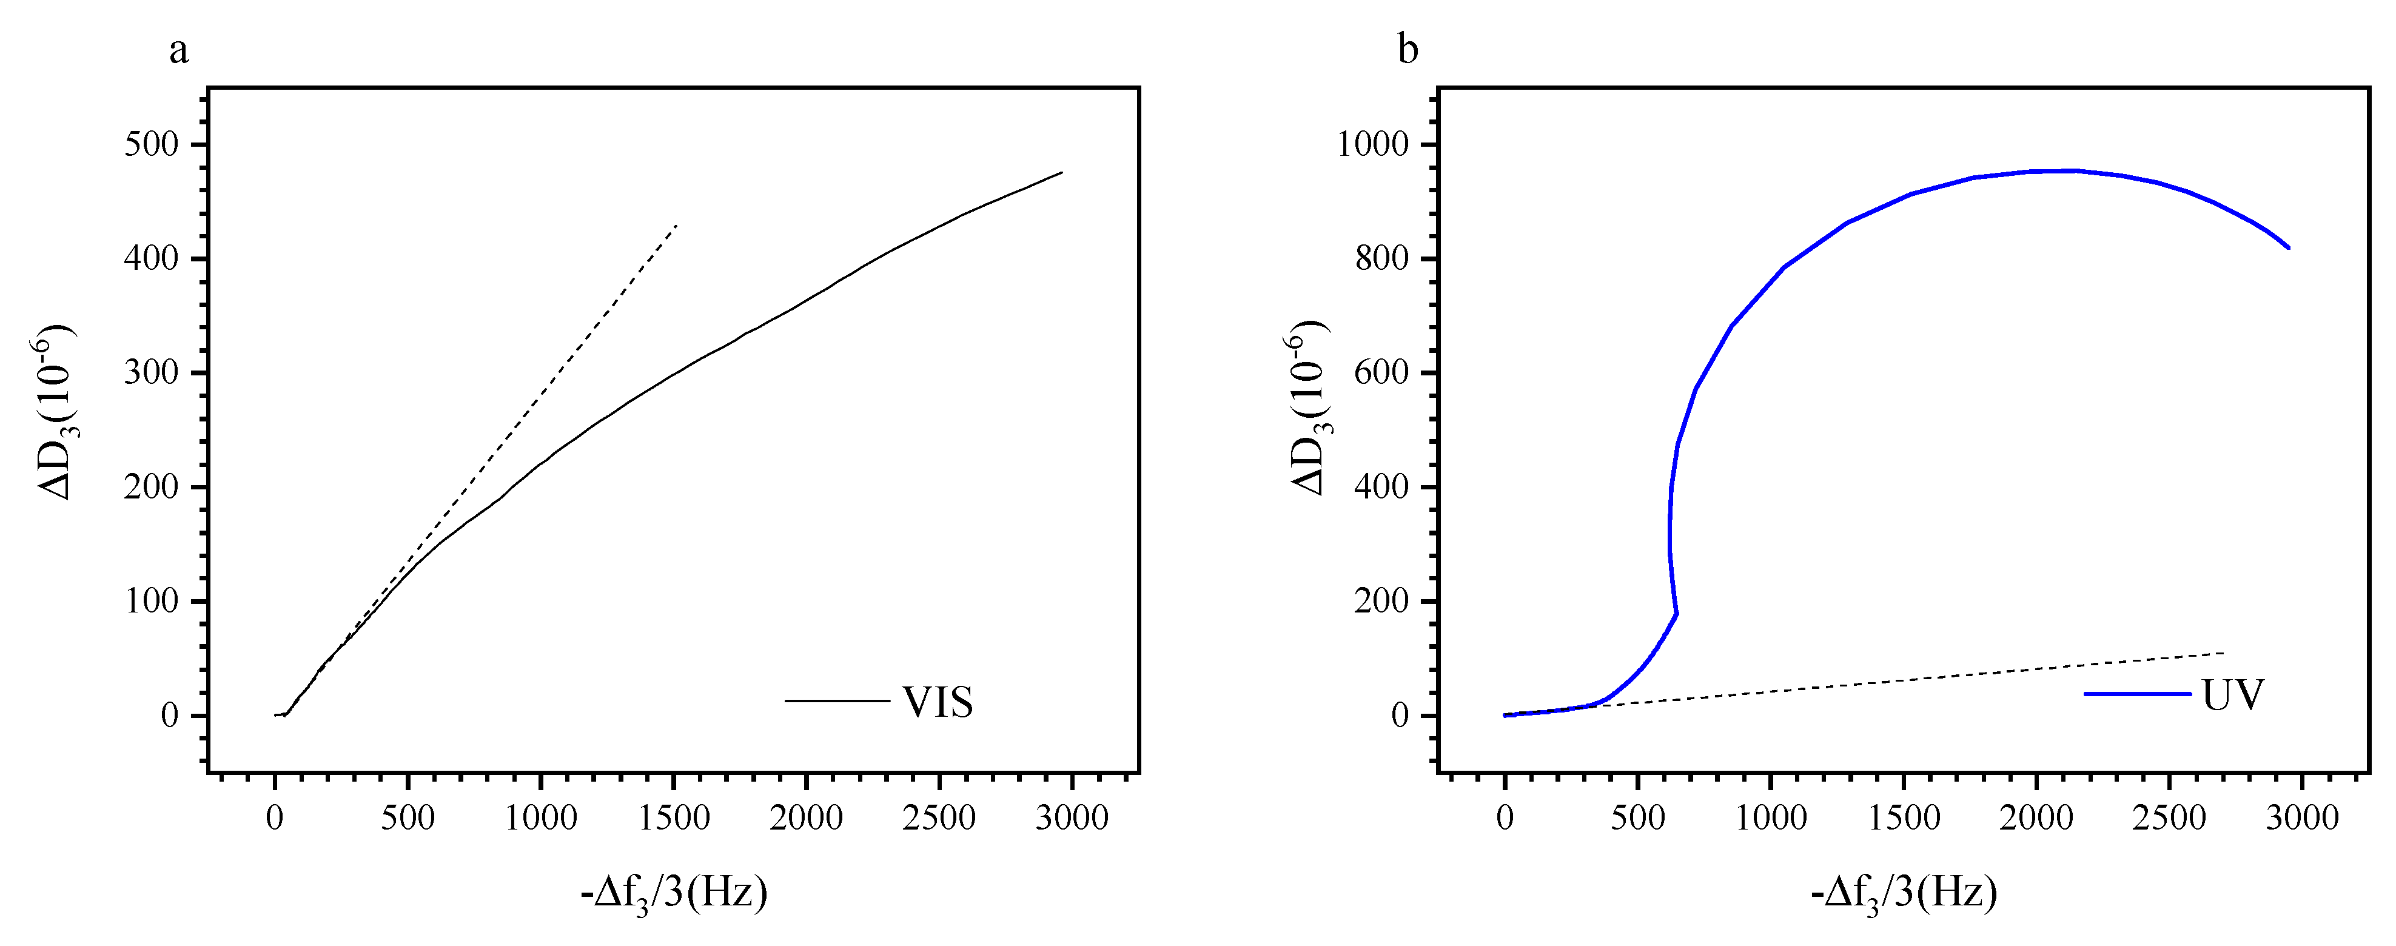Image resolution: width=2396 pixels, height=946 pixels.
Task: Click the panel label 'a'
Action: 178,50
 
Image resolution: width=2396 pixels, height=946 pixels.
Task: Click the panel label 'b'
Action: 1408,50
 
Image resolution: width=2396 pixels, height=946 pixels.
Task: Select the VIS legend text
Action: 938,702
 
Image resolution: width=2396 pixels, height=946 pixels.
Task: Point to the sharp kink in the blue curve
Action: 1676,613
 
